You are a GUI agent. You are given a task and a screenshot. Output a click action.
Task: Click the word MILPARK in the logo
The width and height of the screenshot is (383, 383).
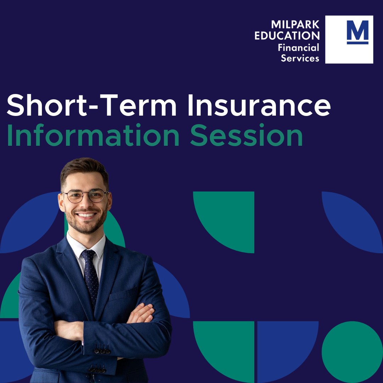point(295,24)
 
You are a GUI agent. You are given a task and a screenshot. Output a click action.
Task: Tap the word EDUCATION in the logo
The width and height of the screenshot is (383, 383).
point(287,35)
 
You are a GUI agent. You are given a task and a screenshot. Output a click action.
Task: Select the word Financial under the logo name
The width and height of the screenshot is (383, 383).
point(298,47)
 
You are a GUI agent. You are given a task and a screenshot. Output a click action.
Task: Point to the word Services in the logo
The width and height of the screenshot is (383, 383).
point(300,58)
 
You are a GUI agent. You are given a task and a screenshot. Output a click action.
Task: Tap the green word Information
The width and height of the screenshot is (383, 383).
point(93,135)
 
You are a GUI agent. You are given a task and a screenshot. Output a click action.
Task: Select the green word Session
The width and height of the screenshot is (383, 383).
point(246,135)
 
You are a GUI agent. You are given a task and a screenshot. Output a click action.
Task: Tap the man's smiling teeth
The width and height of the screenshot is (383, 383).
point(86,215)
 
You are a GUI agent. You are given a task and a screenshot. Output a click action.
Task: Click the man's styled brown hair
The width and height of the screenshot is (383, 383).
point(84,170)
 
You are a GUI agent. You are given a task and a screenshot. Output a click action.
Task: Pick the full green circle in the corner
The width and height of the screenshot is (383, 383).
point(352,352)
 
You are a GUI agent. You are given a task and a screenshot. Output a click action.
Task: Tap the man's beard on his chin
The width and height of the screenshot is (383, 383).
point(86,227)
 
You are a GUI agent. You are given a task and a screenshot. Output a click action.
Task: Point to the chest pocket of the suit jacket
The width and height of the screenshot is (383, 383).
point(122,294)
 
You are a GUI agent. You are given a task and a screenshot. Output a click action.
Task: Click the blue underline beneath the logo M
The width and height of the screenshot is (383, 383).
point(357,43)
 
